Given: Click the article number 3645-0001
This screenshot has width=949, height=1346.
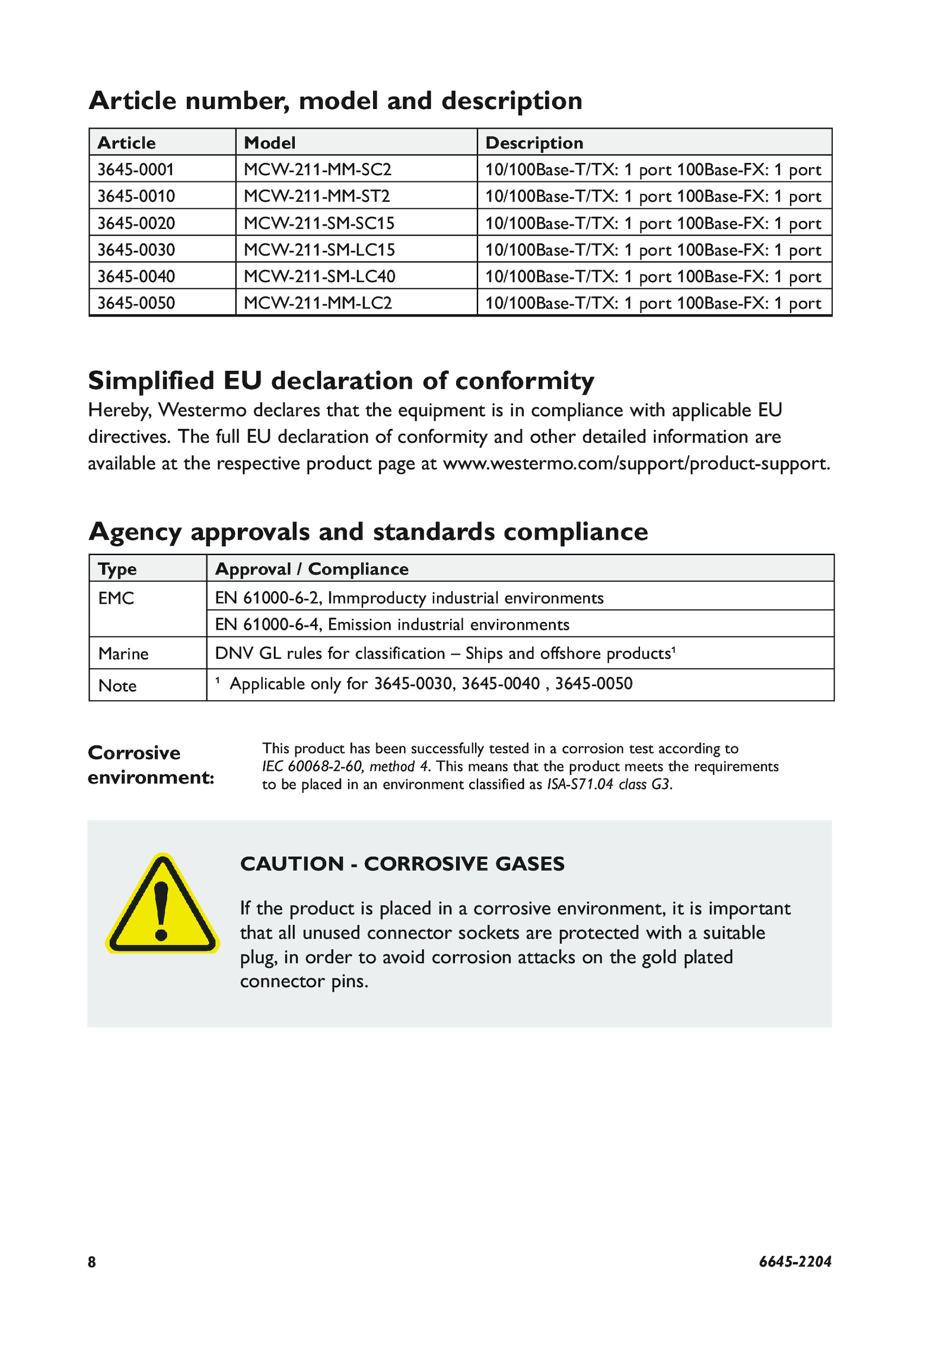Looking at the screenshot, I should coord(135,170).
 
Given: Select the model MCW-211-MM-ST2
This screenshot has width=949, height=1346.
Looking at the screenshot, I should coord(317,196).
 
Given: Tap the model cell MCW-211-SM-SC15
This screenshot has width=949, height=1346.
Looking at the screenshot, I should coord(319,223).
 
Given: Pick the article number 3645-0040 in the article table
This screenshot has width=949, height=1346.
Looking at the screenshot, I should coord(136,276).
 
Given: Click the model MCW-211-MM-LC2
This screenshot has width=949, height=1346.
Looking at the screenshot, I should coord(318,303).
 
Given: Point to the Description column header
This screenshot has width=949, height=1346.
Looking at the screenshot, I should coord(534,143).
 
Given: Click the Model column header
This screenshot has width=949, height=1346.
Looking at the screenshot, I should coord(269,143).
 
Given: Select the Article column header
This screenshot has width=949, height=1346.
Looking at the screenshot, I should coord(126,143).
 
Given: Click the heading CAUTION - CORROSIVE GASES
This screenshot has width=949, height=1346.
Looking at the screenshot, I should coord(402,864).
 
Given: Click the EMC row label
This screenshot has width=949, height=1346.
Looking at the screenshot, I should coord(116,598).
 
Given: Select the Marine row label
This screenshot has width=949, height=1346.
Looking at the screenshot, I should coord(123,653).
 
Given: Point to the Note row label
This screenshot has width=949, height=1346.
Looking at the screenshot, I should coord(117,685).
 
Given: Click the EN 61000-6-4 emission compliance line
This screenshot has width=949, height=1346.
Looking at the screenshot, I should coord(391,624).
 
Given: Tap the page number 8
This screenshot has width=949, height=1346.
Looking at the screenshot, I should coord(92,1262).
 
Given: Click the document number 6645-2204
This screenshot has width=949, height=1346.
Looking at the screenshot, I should coord(795,1262).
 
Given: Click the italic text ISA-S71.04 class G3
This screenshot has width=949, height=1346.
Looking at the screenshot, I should coord(609,784).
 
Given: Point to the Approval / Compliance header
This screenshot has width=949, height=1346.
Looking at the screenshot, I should coord(311,569).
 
